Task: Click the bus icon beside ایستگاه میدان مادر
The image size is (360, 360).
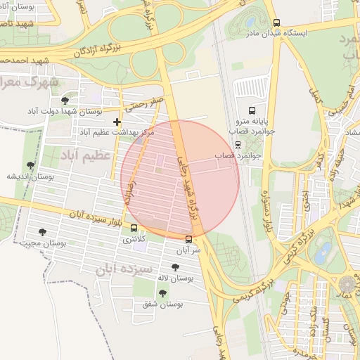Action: point(276,22)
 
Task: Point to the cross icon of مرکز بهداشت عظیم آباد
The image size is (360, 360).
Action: point(117,122)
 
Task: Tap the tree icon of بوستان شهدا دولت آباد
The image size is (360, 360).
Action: point(65,101)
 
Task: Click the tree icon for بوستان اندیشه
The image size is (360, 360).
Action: point(30,165)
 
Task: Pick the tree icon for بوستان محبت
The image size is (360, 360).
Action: point(42,231)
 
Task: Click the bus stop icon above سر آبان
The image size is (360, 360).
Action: point(187,238)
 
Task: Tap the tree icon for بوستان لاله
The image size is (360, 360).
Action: point(175,267)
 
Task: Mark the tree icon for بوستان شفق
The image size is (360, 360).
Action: point(162,293)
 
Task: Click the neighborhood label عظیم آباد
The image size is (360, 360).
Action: point(86,154)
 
